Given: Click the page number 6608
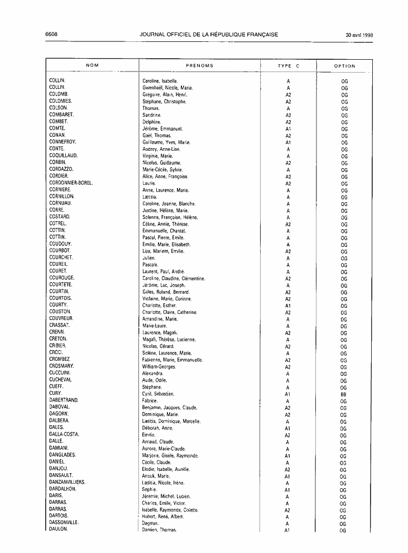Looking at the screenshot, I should pos(51,34).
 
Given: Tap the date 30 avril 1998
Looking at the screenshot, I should pos(359,35).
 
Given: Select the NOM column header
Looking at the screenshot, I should pos(93,66).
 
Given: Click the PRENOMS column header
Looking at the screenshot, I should pos(199,66).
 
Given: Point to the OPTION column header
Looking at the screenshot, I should pos(344,66).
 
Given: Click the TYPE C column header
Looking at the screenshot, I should pos(288,66).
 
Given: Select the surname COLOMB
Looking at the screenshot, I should pos(59,94).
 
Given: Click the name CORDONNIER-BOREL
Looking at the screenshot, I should pos(71,183).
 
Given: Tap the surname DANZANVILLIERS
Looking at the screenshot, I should pos(67,482).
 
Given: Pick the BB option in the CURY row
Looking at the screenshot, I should pos(344,394).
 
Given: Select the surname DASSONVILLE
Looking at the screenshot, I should pos(64,522).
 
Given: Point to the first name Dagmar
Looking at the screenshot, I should pos(151,523).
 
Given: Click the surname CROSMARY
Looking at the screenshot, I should pos(61,366).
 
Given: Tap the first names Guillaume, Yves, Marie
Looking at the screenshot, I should pos(166,142).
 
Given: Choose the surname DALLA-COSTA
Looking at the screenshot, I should pos(64,434).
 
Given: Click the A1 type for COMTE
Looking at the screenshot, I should pos(288,129).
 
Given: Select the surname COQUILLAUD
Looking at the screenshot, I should pos(63,156).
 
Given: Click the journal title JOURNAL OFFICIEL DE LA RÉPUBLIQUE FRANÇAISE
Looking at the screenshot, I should pos(209,35).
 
